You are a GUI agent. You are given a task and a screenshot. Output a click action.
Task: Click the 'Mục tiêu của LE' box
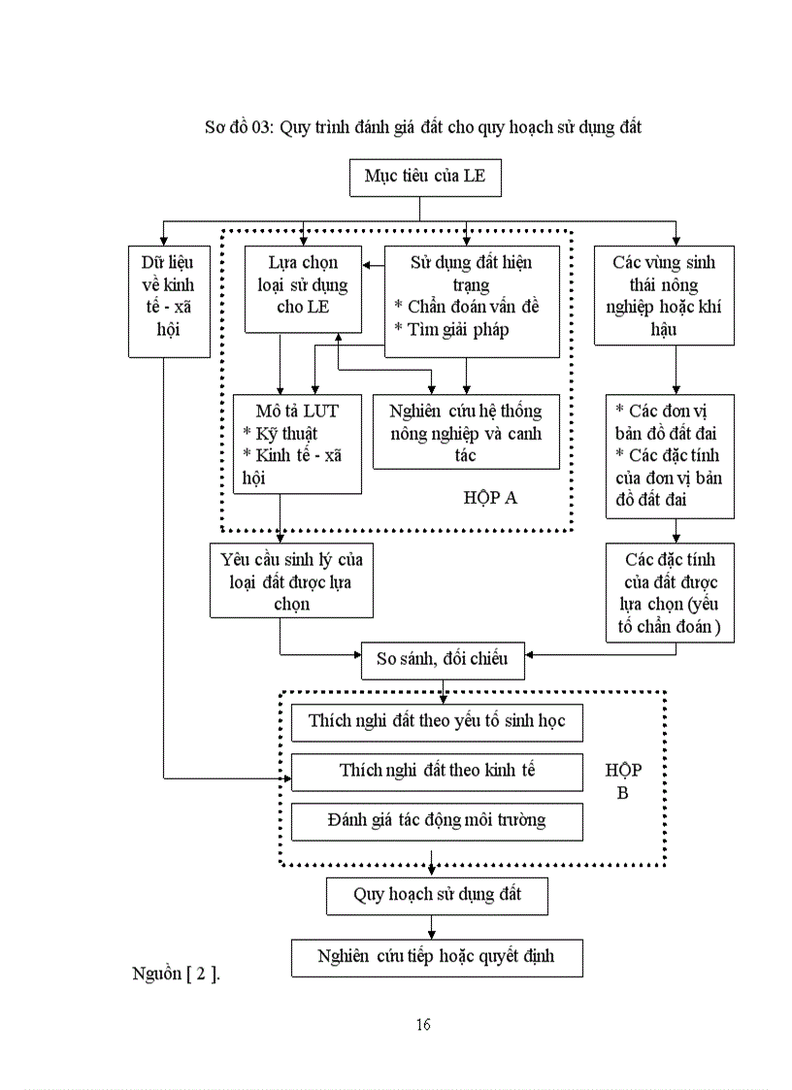coord(424,177)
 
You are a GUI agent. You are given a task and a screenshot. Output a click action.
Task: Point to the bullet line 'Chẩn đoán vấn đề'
coord(466,307)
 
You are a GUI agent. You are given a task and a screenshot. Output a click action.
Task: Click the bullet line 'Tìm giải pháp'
coord(451,330)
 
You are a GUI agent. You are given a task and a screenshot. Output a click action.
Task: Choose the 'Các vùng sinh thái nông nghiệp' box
coord(663,295)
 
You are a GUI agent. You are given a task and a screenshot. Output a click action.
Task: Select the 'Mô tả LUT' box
coord(297,444)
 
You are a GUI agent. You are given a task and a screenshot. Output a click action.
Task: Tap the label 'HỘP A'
coord(490,498)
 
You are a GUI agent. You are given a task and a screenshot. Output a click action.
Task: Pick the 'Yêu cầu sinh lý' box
coord(291,580)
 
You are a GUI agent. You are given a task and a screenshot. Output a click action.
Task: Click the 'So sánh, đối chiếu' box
coord(442,659)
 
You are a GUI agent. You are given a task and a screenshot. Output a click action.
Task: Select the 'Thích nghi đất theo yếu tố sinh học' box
coord(437,722)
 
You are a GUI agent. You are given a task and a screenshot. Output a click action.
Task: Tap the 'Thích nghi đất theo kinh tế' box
coord(437,772)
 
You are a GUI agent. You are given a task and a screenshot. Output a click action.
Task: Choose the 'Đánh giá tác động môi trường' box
coord(437,821)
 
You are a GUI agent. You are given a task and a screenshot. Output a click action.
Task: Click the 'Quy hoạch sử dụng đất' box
coord(437,895)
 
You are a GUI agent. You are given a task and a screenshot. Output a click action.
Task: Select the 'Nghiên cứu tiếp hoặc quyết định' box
coord(437,957)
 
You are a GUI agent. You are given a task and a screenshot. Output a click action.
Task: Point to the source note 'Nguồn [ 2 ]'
coord(176,974)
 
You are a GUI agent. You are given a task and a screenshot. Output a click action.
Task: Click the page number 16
coord(423,1025)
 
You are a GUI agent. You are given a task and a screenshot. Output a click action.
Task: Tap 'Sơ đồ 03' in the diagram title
coord(238,127)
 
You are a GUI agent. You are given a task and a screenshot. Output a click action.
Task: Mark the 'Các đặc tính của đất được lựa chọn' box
coord(670,593)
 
